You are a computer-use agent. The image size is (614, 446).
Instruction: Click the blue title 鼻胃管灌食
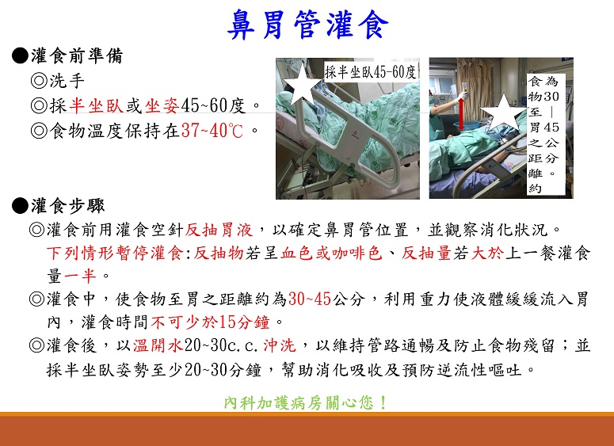coord(307,25)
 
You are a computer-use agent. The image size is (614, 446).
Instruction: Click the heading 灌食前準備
coord(77,55)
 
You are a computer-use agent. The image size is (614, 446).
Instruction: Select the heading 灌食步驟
coord(68,206)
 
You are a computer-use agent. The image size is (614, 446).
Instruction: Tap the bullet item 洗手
coord(58,81)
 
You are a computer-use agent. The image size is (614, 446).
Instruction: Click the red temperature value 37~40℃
coord(212,131)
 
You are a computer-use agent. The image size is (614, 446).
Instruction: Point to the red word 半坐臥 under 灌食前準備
coord(97,105)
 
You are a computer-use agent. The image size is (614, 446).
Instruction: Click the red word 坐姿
coord(162,105)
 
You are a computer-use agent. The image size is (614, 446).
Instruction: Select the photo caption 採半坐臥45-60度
coord(370,71)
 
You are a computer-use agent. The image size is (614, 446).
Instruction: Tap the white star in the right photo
coord(502,113)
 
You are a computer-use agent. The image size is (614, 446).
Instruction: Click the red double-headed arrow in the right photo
coord(461,113)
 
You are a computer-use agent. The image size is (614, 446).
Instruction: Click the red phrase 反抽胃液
coord(219,230)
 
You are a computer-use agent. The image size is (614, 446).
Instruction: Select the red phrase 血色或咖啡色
coord(331,253)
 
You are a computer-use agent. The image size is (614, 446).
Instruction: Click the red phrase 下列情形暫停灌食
coord(115,253)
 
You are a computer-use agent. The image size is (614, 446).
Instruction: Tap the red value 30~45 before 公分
coord(310,299)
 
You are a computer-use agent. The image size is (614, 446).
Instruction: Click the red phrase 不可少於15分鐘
coord(210,322)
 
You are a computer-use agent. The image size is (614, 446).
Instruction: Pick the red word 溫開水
coord(158,345)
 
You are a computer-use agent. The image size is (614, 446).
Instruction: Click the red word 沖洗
coord(279,345)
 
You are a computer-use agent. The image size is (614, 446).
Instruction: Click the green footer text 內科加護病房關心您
coord(306,402)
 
